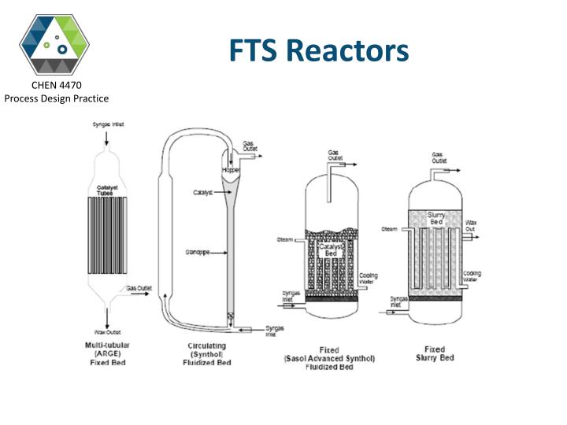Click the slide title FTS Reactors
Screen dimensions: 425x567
(319, 50)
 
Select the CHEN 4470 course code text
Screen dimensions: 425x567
(56, 85)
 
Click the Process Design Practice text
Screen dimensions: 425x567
(56, 98)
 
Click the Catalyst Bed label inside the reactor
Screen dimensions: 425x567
(331, 249)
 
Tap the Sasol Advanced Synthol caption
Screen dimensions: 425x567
(330, 359)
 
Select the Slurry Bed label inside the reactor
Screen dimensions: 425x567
(436, 218)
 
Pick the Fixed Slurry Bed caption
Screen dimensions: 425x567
(434, 353)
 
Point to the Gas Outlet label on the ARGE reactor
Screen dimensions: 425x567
(139, 288)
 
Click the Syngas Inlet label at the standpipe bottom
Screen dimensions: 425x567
(274, 330)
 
